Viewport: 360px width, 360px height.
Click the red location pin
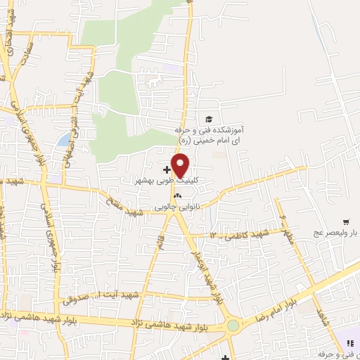(181, 166)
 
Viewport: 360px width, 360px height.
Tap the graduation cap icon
(207, 119)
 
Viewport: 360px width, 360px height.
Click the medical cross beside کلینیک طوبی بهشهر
(166, 169)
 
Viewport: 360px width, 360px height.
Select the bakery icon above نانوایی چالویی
(177, 195)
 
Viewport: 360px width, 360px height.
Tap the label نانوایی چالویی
(179, 207)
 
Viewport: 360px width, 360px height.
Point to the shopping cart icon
(346, 221)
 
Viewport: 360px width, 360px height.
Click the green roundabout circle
(233, 326)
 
